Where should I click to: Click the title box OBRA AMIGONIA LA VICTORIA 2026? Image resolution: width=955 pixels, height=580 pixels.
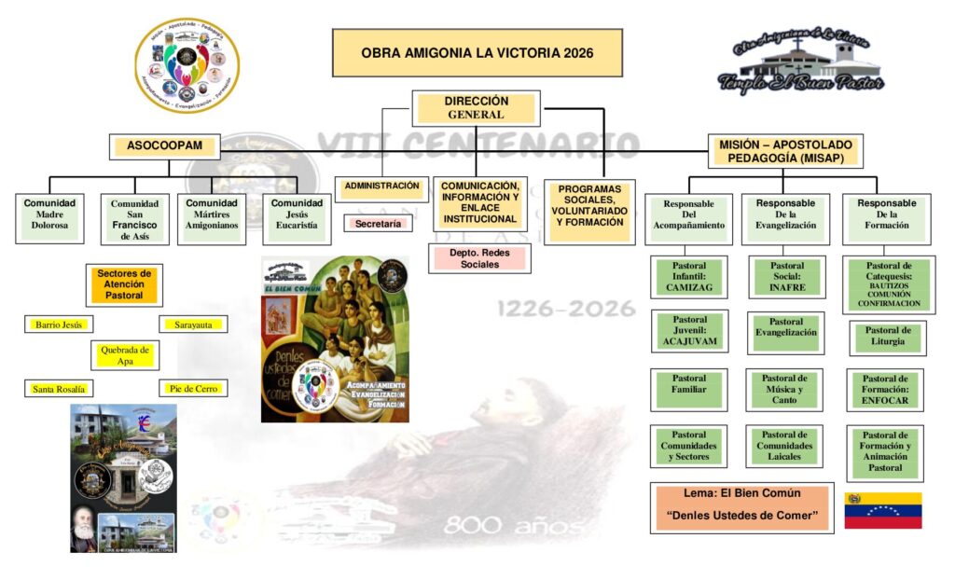coord(477,53)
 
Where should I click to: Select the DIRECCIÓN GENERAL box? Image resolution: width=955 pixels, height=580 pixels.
coord(476,108)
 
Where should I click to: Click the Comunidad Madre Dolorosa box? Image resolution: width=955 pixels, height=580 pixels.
coord(50,218)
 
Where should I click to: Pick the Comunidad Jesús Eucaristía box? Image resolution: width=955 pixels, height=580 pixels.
coord(297,218)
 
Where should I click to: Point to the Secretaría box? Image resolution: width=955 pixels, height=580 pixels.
coord(378,224)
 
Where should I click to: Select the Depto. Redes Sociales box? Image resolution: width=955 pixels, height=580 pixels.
coord(479,257)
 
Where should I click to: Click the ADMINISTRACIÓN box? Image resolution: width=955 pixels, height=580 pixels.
coord(382,186)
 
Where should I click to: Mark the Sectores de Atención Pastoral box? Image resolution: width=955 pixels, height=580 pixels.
coord(124,283)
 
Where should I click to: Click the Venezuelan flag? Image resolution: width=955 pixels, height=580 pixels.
coord(882,510)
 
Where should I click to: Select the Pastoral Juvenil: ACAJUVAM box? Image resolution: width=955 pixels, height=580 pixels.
coord(689,331)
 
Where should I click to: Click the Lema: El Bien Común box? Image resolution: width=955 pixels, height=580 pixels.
coord(741,506)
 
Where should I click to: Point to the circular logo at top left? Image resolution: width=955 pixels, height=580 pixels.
coord(187,64)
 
